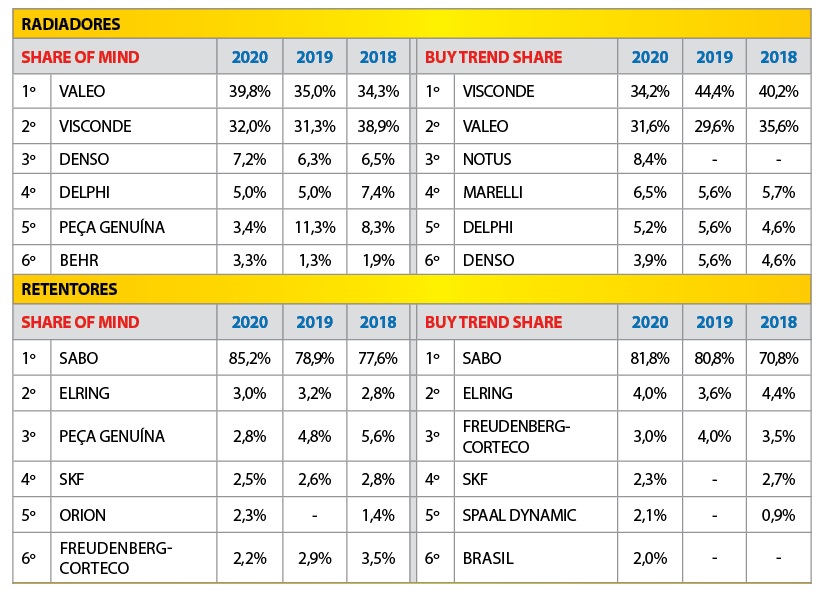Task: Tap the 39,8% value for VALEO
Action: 250,92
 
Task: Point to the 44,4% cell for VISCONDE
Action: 714,92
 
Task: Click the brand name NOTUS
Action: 488,159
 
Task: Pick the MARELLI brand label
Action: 493,193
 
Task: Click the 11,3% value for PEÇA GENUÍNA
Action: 314,227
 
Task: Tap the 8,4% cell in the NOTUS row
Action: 650,159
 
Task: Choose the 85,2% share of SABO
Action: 250,357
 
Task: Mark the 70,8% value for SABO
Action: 778,357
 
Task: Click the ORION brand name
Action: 82,516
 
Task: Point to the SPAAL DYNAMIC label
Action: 519,516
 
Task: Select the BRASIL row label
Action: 488,558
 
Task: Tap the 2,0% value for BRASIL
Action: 650,558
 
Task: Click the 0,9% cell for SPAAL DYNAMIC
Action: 778,516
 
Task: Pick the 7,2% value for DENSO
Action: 250,159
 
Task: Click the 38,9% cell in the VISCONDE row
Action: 378,126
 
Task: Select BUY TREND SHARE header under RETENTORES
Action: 493,322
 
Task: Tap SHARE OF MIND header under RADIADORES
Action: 80,57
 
